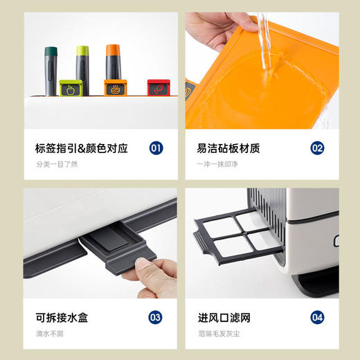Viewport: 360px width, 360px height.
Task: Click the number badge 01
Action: (x=156, y=147)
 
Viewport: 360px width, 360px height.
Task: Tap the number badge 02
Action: (x=317, y=147)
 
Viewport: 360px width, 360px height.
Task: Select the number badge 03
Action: (x=156, y=318)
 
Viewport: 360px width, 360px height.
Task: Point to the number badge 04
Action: (x=317, y=318)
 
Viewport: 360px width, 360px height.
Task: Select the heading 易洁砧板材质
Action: (x=228, y=147)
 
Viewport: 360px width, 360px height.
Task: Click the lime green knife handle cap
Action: (x=82, y=52)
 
